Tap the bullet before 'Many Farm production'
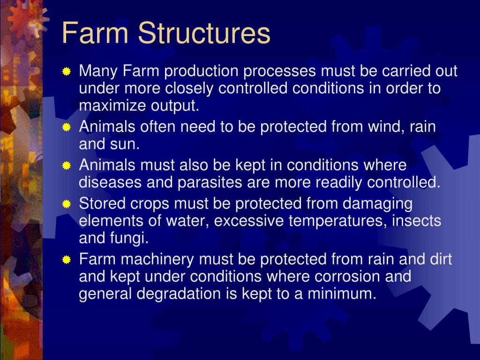tap(67, 72)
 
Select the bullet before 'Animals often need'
tap(67, 127)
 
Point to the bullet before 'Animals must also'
tap(67, 166)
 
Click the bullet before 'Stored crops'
tap(67, 204)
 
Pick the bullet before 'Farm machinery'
tap(67, 260)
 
